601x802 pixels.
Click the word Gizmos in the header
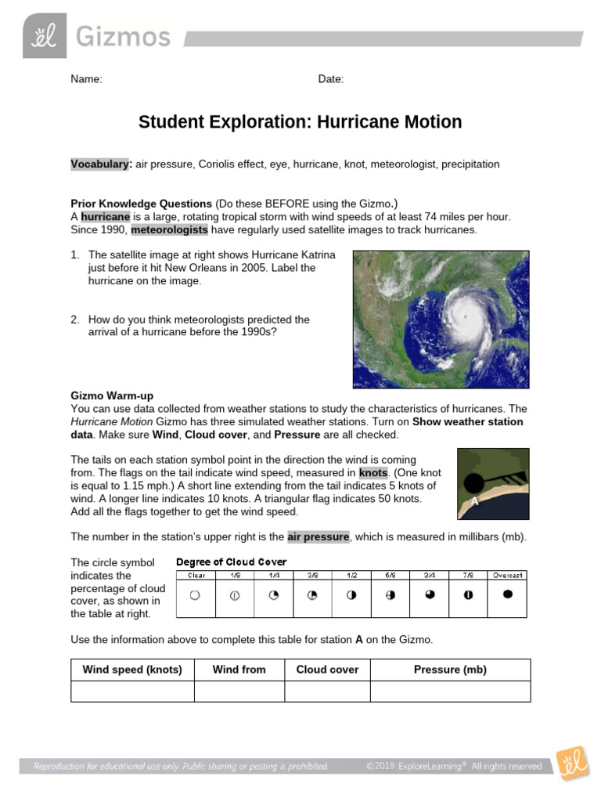(x=123, y=36)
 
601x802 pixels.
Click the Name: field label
(x=86, y=79)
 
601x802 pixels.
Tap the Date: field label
(x=331, y=79)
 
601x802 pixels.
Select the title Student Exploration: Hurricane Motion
(x=300, y=122)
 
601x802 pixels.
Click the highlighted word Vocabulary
(x=99, y=164)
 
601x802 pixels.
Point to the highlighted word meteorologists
(x=170, y=230)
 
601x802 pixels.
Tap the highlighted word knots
(x=373, y=473)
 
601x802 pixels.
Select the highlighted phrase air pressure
(x=318, y=536)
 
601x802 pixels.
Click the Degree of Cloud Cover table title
(x=232, y=562)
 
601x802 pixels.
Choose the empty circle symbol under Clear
(x=195, y=595)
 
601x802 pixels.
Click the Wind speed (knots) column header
(x=132, y=670)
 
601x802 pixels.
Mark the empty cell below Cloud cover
(x=327, y=692)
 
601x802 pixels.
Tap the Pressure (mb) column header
(x=450, y=670)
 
